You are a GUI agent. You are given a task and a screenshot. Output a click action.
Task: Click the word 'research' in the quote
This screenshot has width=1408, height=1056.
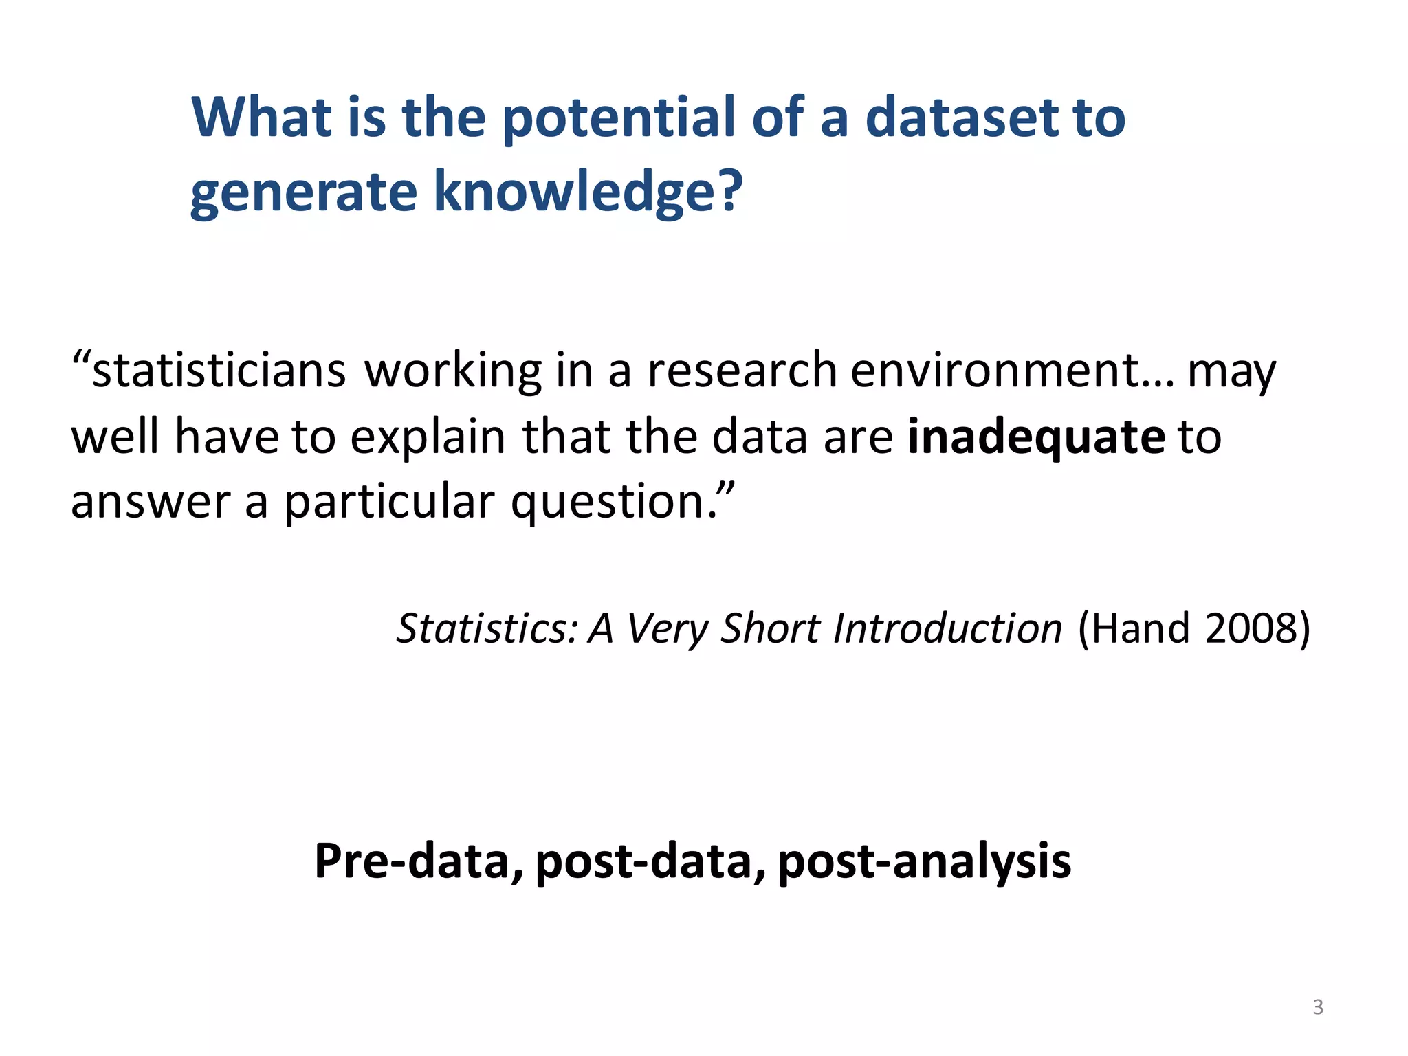[742, 371]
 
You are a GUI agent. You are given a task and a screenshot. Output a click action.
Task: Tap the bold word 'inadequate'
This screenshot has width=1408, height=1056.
[1036, 437]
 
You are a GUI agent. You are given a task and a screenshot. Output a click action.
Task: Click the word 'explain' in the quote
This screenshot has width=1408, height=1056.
[428, 437]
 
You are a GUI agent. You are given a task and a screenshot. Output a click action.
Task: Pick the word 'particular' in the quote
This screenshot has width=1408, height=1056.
[389, 502]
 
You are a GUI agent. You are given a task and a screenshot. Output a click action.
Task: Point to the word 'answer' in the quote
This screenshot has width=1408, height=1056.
[151, 502]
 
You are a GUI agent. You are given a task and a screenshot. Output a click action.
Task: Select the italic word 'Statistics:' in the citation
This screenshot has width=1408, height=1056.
[487, 628]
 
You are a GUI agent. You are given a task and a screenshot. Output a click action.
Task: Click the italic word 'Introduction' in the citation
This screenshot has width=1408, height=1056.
[947, 628]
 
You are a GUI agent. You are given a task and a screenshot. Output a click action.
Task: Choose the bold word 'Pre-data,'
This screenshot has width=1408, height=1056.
[418, 861]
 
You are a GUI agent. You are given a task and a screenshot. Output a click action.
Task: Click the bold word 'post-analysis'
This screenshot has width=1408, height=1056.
[924, 861]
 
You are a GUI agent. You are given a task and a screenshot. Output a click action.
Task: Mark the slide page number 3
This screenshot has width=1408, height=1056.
[1318, 1007]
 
